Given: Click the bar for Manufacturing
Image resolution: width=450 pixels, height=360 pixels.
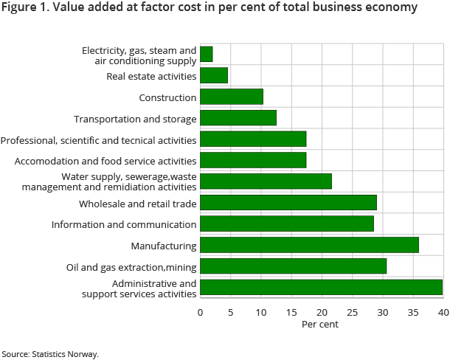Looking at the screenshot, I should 309,245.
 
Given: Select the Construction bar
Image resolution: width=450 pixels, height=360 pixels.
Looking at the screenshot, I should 232,97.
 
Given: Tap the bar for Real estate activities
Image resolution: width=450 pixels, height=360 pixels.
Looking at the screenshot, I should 214,75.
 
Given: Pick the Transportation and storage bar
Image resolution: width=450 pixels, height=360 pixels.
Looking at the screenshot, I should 238,118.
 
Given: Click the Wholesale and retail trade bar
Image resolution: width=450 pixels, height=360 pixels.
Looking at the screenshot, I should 288,203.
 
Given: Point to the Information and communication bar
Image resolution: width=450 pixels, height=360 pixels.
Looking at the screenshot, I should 287,224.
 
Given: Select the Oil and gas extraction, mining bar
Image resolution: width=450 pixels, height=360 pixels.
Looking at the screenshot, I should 293,266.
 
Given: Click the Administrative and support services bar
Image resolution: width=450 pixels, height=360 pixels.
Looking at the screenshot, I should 321,288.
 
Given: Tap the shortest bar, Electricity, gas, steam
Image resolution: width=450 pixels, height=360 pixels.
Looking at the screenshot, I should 207,54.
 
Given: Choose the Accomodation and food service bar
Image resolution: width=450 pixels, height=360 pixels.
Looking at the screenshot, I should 253,160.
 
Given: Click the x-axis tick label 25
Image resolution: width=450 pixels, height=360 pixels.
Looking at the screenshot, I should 352,313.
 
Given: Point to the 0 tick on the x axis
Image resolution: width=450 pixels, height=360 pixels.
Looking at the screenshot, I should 200,313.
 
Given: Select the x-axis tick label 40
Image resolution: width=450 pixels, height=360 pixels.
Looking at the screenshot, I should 443,313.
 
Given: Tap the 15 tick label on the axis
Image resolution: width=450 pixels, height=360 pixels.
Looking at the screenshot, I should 291,313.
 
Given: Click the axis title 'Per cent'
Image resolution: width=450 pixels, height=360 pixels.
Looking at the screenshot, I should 321,325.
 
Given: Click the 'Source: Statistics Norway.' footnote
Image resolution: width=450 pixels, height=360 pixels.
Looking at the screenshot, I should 50,354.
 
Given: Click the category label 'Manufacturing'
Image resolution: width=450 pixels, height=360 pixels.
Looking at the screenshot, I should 163,246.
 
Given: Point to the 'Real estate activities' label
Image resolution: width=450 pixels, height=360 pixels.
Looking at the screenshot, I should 151,76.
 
